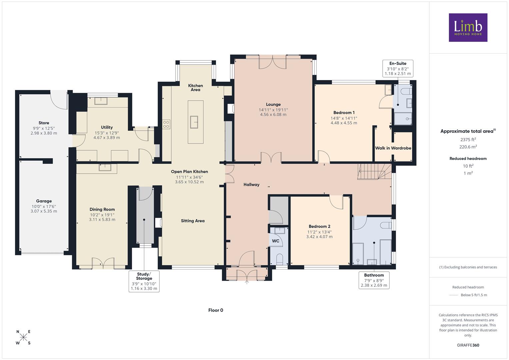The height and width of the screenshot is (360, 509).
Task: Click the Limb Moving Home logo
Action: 468,27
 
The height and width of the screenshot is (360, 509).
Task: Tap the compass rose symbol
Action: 23,337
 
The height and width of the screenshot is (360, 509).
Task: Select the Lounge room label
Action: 273,104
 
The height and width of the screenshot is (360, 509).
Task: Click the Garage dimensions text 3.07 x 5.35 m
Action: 44,211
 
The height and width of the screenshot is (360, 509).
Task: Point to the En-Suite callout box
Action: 398,68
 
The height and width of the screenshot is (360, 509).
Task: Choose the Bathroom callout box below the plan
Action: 374,280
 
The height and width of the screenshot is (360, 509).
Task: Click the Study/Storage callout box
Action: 144,281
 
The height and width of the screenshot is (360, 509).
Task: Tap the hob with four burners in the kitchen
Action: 166,124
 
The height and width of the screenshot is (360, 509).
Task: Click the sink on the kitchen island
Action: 194,122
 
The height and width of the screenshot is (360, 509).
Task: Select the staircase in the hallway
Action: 374,171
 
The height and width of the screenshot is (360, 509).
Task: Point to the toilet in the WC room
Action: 279,259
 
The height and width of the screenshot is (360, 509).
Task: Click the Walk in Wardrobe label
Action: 393,148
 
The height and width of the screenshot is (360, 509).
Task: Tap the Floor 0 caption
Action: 216,310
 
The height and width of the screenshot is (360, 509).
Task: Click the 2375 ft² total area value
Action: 468,139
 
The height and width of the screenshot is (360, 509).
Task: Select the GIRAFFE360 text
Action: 468,345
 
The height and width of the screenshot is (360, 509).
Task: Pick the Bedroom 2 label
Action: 319,226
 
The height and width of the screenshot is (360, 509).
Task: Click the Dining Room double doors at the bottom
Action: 103,263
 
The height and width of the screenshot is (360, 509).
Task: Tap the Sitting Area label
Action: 193,221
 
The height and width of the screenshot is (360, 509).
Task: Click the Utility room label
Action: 107,127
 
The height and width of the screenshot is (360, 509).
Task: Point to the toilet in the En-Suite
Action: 407,91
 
